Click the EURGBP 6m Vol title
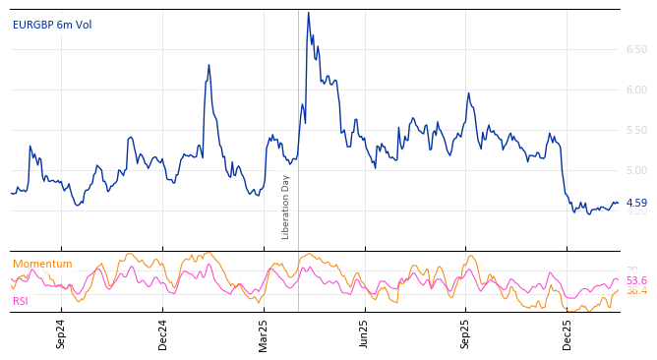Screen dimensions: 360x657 point(52,26)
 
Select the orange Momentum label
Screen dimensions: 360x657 point(42,265)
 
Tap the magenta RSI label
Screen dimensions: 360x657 point(21,301)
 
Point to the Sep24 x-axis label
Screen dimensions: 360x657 point(61,333)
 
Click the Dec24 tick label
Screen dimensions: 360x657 point(163,333)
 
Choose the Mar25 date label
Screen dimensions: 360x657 point(264,333)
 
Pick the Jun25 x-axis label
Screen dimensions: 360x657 point(365,333)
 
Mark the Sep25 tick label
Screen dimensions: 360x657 point(466,333)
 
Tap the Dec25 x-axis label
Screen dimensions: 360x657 point(567,333)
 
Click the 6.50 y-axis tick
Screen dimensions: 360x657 point(636,49)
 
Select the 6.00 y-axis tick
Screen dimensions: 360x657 point(636,90)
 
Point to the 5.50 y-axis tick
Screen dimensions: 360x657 point(636,130)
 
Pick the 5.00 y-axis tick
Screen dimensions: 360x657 point(636,170)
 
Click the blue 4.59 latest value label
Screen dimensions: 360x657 point(636,203)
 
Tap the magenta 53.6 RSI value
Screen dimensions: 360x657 point(636,281)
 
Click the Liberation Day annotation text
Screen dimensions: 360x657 point(286,207)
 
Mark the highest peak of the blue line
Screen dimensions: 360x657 point(308,13)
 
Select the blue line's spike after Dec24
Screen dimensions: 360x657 point(209,66)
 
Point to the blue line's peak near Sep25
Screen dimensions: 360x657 point(468,93)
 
